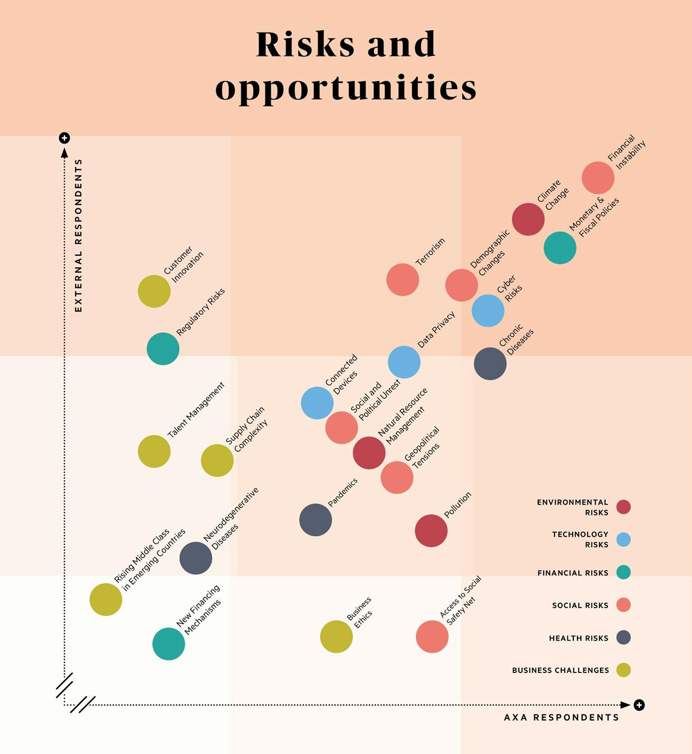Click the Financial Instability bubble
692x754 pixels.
click(x=598, y=177)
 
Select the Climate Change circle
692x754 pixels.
click(x=528, y=219)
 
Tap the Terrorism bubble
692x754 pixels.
click(x=402, y=280)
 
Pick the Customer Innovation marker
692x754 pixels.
click(x=154, y=291)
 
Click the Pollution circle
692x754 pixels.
click(x=431, y=531)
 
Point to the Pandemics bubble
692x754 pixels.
click(x=315, y=520)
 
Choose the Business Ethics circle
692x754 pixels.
click(x=336, y=636)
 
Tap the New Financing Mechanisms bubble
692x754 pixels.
click(x=168, y=644)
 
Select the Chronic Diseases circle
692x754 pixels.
click(x=490, y=364)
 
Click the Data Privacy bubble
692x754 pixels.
click(x=404, y=362)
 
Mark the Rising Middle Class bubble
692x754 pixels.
click(x=105, y=599)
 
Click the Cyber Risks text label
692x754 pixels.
click(x=509, y=289)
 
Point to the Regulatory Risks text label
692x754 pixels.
click(x=201, y=312)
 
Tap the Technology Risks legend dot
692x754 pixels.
click(x=623, y=539)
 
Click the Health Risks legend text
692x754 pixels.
click(x=578, y=638)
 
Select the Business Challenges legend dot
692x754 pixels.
click(x=623, y=670)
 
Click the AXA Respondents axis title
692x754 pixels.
click(x=562, y=717)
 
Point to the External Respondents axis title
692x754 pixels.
click(x=79, y=235)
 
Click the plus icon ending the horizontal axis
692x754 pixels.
click(x=639, y=705)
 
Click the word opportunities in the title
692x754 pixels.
click(x=346, y=88)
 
